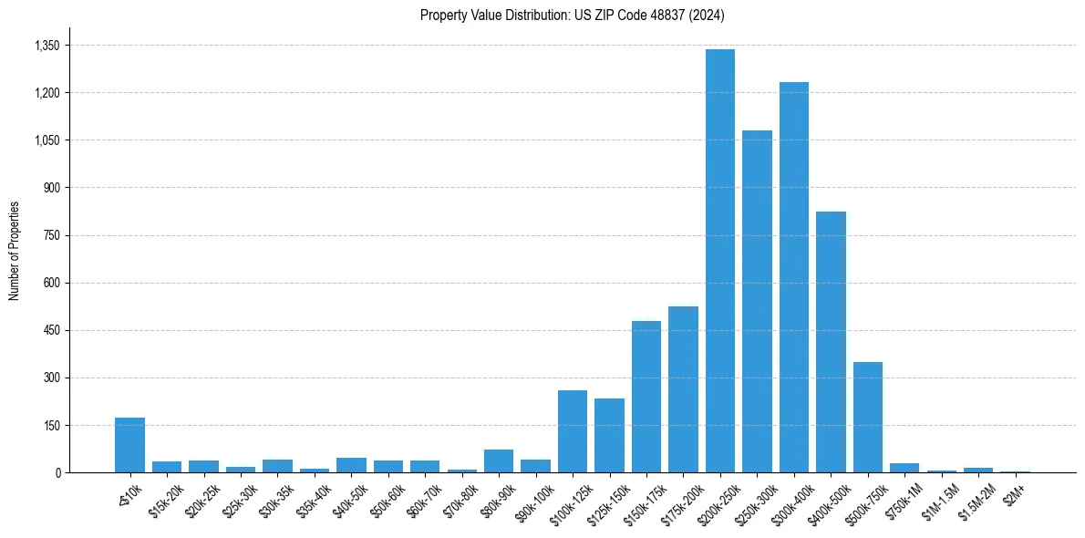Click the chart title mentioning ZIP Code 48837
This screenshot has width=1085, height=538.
pos(572,16)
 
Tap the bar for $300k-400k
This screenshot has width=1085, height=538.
pos(794,277)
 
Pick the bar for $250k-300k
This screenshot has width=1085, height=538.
pos(757,301)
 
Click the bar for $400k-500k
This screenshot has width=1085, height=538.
pos(831,342)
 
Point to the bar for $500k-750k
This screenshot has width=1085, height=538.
pos(868,417)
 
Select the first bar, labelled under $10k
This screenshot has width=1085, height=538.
pos(129,445)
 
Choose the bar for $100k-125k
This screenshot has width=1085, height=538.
pos(573,431)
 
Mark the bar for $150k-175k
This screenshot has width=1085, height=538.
pos(646,397)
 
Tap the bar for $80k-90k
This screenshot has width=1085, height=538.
pos(499,461)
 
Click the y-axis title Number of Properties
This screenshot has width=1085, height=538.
pos(15,251)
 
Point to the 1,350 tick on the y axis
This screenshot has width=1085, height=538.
pos(46,46)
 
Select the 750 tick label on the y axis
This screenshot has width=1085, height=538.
pos(51,235)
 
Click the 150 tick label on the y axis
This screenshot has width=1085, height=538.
pos(51,425)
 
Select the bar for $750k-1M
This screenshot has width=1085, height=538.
pos(904,468)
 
